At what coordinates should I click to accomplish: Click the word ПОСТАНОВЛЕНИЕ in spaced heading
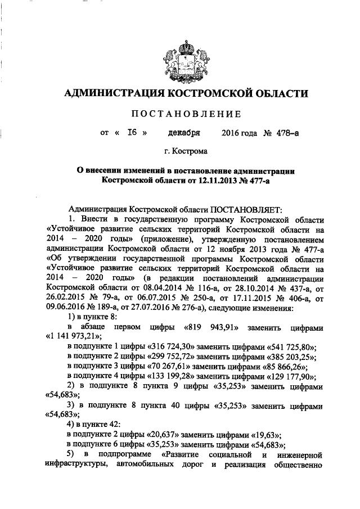coord(186,114)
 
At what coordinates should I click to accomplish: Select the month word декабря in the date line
coord(184,133)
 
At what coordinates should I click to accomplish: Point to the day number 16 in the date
coord(133,133)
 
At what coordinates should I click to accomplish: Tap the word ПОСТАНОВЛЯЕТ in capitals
coord(246,209)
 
